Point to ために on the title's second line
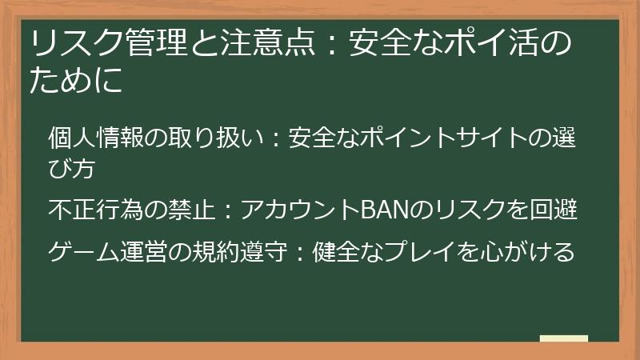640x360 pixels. click(77, 82)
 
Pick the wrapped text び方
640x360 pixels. click(71, 169)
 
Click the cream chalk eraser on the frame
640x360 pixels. click(564, 338)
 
